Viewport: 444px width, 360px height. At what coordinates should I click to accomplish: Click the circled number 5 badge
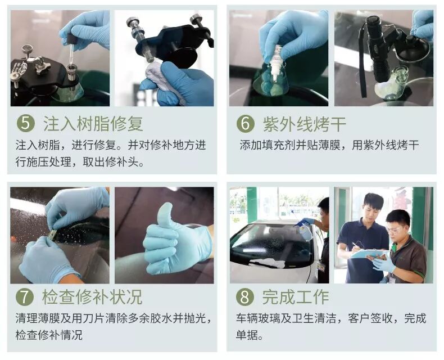pos(25,124)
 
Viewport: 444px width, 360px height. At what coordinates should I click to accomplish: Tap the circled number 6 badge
pos(245,124)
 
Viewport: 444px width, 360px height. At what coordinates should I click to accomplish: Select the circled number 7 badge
pos(25,297)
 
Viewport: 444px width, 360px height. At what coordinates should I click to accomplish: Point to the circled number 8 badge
pos(244,297)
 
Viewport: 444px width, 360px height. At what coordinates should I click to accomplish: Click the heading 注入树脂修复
pos(93,124)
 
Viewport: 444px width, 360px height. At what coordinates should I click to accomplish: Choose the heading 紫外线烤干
pos(305,124)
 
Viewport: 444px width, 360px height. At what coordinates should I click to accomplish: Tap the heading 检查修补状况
pos(92,297)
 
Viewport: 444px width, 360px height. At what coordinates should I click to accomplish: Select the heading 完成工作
pos(295,297)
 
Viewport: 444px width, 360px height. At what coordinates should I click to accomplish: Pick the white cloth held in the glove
pos(158,75)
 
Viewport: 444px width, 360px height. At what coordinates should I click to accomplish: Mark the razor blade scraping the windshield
pos(52,235)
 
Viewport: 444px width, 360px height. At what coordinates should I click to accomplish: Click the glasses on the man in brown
pos(393,229)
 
